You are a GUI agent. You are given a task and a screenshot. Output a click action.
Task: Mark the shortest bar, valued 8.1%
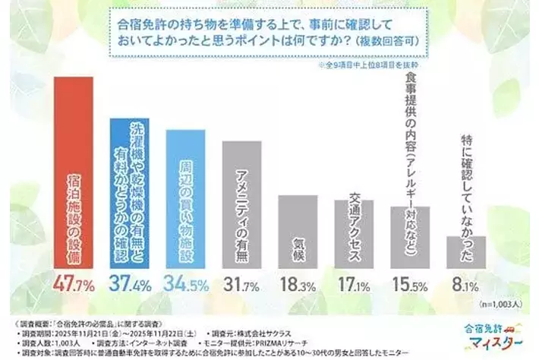coord(466,250)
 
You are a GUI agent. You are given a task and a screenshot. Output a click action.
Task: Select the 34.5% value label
coord(185,286)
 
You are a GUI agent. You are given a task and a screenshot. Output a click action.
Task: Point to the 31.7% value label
coord(241,286)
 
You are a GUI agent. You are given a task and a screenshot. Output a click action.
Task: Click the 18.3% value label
coord(298,286)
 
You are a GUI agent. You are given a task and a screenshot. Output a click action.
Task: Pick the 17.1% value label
coord(354,286)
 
